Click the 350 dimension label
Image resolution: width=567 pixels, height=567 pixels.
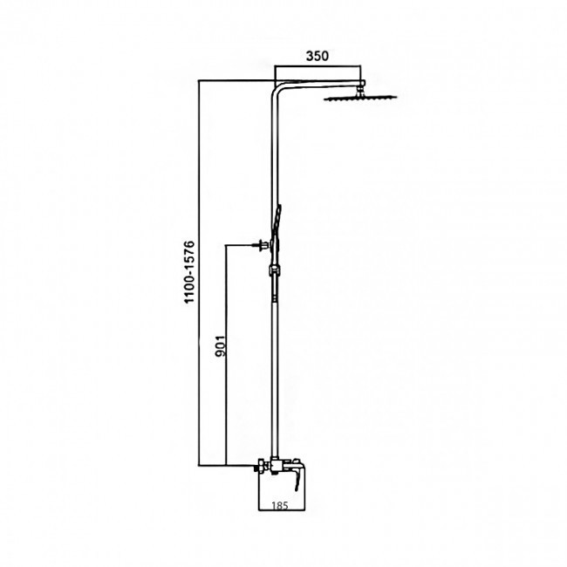(318, 56)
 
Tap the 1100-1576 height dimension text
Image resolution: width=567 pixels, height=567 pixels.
(189, 272)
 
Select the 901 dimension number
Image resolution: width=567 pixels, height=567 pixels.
(220, 346)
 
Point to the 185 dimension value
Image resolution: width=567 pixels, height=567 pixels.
(280, 505)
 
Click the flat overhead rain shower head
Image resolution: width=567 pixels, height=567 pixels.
(360, 98)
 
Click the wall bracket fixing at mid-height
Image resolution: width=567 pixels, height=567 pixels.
(263, 245)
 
